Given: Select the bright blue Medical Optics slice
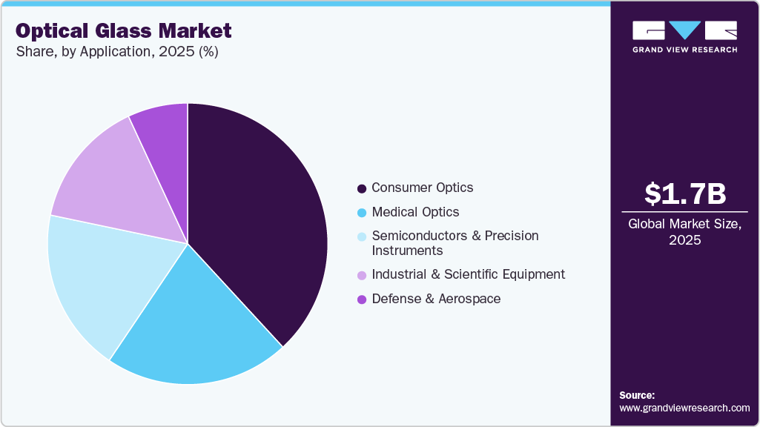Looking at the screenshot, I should tap(196, 326).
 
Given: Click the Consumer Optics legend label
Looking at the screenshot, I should tap(422, 188).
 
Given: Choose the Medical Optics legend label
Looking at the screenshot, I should tap(415, 212).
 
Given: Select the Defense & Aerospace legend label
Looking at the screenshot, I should tap(435, 299).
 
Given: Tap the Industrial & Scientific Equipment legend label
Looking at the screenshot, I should tap(468, 274).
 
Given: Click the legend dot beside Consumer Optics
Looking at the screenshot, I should tap(362, 188).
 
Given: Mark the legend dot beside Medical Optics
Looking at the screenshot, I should tap(362, 213).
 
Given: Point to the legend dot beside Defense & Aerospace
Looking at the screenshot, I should tap(362, 299).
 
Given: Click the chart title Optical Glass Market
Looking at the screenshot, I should tap(124, 30).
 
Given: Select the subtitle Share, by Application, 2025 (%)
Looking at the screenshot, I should tap(116, 52).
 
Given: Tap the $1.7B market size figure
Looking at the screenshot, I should tap(684, 193).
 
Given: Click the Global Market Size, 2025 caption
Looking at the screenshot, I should tap(684, 232).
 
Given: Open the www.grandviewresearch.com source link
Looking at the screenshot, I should tap(684, 408).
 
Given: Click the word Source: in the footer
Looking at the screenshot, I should tap(637, 395).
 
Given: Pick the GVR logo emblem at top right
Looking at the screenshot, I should tap(684, 30).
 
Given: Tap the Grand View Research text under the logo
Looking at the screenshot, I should tap(684, 50).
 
